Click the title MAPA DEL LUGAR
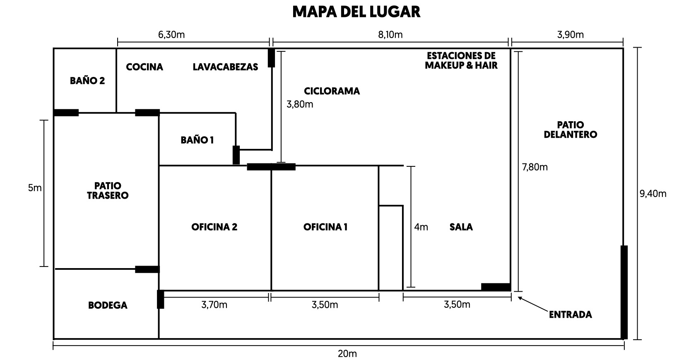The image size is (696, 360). pos(356,12)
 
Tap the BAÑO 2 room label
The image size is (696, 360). pos(87,81)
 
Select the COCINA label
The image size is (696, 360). pos(144,67)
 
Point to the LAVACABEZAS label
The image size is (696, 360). pos(225,67)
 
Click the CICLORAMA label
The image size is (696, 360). pos(332,91)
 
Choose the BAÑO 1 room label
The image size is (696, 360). pos(197,140)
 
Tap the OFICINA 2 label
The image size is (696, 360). pos(214,227)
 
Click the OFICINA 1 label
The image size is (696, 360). pos(325,227)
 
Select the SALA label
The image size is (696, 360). pos(461,227)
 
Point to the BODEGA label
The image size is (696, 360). pos(108,305)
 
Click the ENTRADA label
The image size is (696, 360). pos(571,314)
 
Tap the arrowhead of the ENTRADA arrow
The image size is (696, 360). pos(518,298)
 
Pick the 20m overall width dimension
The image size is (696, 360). pos(347,353)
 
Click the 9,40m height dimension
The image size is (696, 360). pos(653,194)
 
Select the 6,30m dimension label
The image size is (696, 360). pos(171,34)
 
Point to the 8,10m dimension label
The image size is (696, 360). pos(390,34)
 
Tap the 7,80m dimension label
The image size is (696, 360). pos(535,167)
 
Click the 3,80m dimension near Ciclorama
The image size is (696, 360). pos(300,104)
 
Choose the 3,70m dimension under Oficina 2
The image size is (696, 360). pos(214,305)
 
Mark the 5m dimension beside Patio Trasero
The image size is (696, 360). pos(34,188)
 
